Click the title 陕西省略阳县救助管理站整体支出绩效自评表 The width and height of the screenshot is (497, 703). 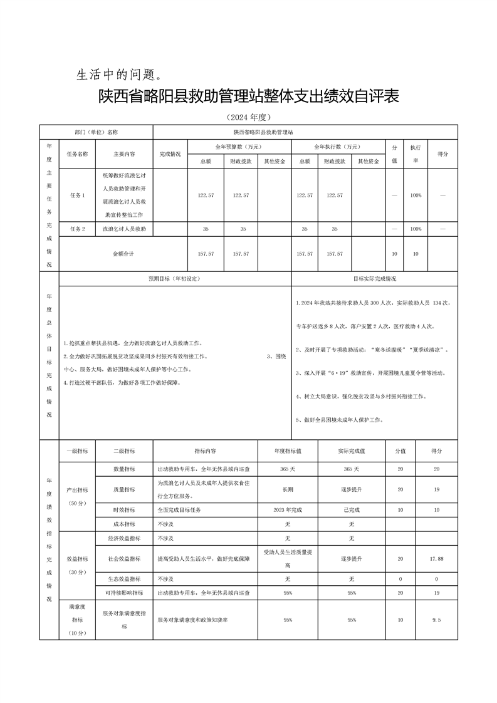coord(248,98)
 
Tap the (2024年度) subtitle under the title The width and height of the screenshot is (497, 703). coord(248,117)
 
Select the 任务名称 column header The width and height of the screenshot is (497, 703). coord(77,154)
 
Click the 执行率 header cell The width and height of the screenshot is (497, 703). coord(415,154)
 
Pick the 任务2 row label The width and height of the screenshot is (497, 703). coord(77,229)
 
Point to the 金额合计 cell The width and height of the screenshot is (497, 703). coord(123,254)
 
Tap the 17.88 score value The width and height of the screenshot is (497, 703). coord(437,558)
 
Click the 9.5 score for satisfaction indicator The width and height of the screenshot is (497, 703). coord(437,620)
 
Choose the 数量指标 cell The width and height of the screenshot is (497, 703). coord(123,469)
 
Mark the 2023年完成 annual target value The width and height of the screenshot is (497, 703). coord(288,510)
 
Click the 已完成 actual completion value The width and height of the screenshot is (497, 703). coord(351,510)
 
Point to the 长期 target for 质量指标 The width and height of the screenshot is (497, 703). coord(288,489)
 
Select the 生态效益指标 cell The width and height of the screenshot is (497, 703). coord(123,579)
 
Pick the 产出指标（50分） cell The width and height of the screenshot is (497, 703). coord(77,495)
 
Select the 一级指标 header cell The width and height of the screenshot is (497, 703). coord(77,450)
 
